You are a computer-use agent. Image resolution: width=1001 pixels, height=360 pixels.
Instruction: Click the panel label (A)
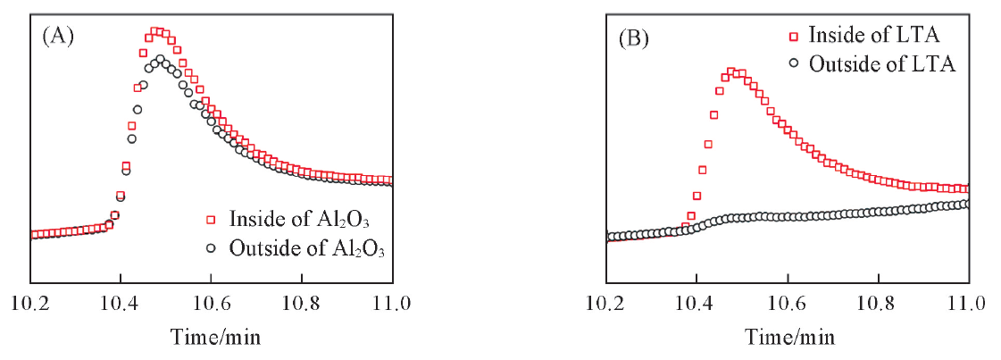coord(57,37)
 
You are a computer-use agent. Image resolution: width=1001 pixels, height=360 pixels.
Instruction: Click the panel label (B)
coord(633,38)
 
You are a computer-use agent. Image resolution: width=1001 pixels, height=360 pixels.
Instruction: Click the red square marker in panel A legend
coord(211,220)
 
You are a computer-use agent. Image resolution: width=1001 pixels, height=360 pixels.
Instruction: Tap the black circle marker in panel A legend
coord(211,248)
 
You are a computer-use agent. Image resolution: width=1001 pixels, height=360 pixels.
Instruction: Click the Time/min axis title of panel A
coord(212,337)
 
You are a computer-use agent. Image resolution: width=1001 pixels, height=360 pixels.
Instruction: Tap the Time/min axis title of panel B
coord(788,337)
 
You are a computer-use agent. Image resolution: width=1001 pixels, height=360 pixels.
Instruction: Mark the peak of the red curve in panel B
coord(730,71)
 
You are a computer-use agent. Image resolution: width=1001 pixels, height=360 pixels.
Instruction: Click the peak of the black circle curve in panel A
coord(161,60)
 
